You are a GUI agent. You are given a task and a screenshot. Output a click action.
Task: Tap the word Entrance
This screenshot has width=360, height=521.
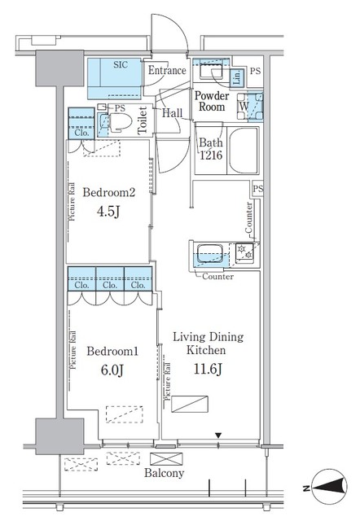167,71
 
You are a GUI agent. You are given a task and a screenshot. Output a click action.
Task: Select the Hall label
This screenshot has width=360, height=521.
171,115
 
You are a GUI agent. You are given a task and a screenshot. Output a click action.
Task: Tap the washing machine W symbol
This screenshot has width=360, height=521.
244,104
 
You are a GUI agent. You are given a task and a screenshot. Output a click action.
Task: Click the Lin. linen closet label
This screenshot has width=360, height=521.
236,78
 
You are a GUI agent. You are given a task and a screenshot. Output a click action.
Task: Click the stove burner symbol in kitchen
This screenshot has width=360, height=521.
242,253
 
